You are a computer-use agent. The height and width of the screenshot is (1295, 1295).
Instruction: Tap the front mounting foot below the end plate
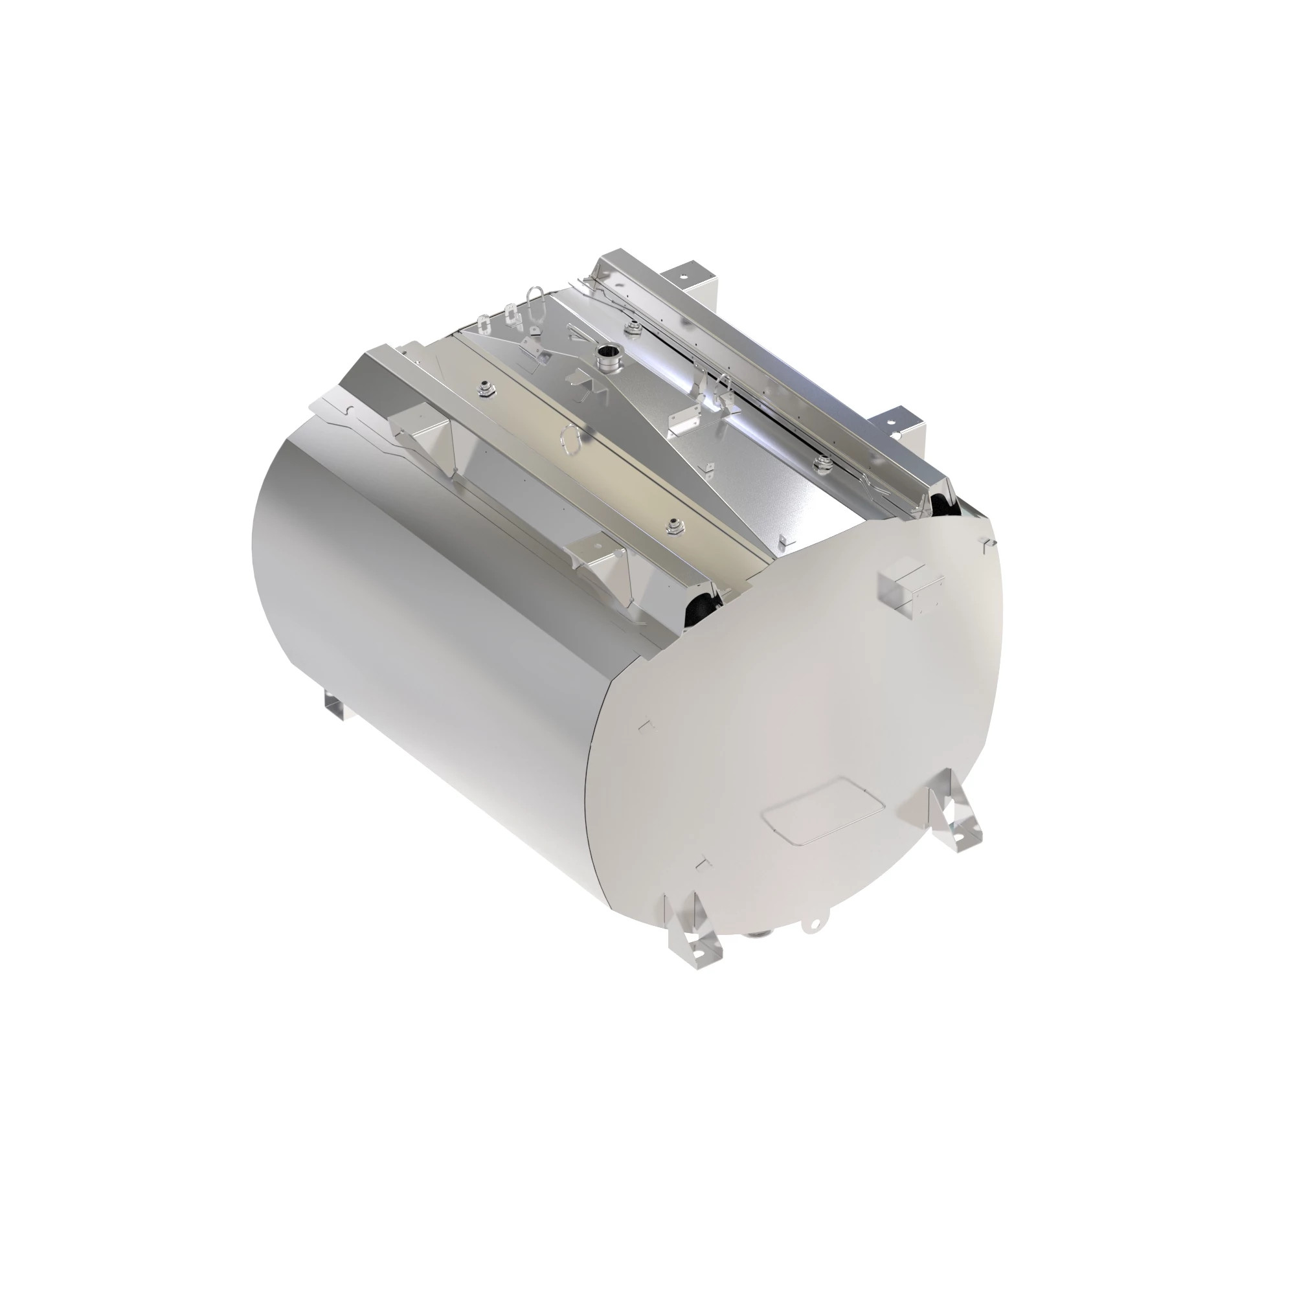[693, 930]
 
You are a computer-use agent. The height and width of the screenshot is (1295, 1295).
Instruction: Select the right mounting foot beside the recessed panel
[952, 818]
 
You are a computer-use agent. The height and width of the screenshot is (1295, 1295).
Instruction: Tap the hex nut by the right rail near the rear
[631, 326]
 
